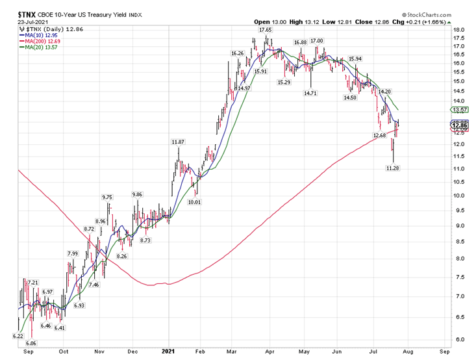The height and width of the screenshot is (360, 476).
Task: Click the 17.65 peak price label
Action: [x=265, y=30]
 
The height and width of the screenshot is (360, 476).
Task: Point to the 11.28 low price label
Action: [x=392, y=168]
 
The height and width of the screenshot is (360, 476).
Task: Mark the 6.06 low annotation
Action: [x=31, y=343]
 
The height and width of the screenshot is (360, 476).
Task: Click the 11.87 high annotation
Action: [x=178, y=142]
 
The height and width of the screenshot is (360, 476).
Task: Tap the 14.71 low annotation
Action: [x=310, y=94]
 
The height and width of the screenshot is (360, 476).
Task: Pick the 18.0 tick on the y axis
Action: [x=459, y=30]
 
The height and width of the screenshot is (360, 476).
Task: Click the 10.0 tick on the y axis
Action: [x=459, y=196]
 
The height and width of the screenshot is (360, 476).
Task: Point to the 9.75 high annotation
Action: [x=106, y=198]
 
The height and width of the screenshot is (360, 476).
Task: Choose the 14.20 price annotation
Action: [x=384, y=92]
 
